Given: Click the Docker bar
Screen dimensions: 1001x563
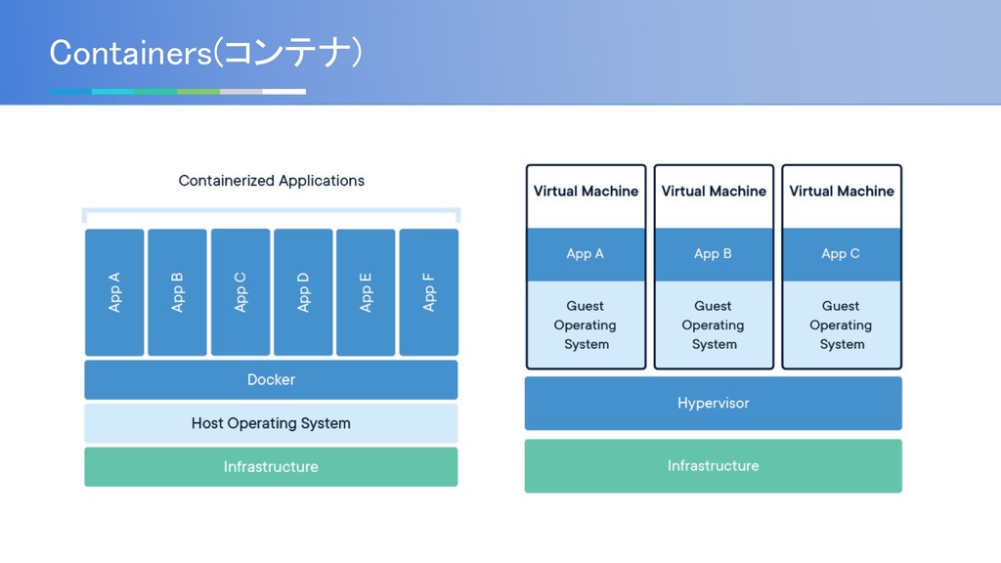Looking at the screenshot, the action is pos(271,380).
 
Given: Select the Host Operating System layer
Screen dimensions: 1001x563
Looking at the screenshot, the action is pos(271,423).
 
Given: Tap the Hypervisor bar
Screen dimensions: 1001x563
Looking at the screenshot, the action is pos(713,404).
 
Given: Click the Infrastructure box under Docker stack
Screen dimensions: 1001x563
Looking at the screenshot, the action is pos(271,466).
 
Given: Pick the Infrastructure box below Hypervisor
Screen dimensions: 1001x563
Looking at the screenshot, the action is pos(713,466).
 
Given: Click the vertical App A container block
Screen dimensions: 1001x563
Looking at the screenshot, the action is pos(114,292).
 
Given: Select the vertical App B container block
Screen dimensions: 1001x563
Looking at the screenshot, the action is pos(178,292).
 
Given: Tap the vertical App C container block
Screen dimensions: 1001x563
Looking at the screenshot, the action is pos(240,292).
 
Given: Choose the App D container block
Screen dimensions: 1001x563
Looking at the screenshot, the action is pos(303,292).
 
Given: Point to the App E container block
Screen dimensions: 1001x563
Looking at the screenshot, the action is pos(366,292).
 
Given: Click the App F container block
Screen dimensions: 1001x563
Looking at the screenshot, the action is pos(429,292).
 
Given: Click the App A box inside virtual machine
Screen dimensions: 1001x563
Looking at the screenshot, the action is pos(586,254).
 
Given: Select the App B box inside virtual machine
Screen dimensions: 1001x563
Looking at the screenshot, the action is pos(713,254).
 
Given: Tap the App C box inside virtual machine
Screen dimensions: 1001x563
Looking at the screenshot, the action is pos(841,254).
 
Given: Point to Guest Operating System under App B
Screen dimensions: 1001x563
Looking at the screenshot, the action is pos(713,325).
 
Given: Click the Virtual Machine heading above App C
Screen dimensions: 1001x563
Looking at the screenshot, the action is pos(842,192).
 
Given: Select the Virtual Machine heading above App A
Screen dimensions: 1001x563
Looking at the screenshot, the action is pos(587,192).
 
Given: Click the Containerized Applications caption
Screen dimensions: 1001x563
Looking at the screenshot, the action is pos(272,181).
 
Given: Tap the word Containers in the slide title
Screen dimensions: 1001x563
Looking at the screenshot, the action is pos(130,53).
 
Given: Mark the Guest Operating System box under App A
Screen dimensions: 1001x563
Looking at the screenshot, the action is pos(586,325).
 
